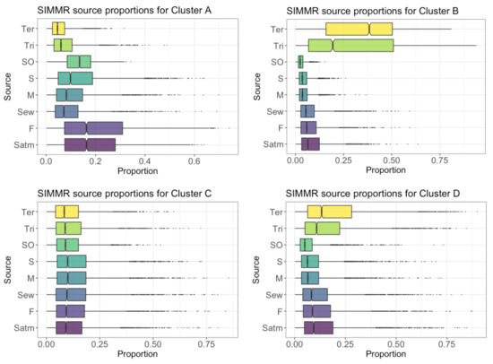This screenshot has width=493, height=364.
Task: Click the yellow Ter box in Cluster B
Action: (x=359, y=29)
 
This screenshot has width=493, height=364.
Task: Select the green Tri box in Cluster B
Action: (x=350, y=46)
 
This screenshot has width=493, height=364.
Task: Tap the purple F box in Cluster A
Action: (x=93, y=128)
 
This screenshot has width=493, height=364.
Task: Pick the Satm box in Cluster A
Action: (x=90, y=144)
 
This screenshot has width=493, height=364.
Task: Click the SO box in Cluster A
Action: (x=79, y=62)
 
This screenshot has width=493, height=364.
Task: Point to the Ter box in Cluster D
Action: (x=330, y=212)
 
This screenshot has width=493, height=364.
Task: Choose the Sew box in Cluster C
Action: (x=71, y=295)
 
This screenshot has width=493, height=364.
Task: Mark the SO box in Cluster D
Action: (x=306, y=245)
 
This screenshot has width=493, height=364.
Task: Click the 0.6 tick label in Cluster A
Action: (x=194, y=161)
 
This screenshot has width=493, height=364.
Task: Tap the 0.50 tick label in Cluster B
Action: (x=392, y=160)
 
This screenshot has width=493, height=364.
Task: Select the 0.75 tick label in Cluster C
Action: (x=206, y=344)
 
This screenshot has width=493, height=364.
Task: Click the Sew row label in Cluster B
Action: (x=275, y=112)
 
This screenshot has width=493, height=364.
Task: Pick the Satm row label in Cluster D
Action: (x=272, y=328)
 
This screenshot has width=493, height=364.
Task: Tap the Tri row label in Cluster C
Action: (x=30, y=229)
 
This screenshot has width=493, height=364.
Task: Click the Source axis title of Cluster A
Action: (x=7, y=87)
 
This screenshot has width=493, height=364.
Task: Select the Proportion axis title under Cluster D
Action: (x=385, y=354)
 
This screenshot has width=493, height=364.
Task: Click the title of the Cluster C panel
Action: (x=125, y=194)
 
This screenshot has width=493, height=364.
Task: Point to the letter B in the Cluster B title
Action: (x=455, y=11)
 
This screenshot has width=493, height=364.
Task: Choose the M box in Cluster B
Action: (x=303, y=95)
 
